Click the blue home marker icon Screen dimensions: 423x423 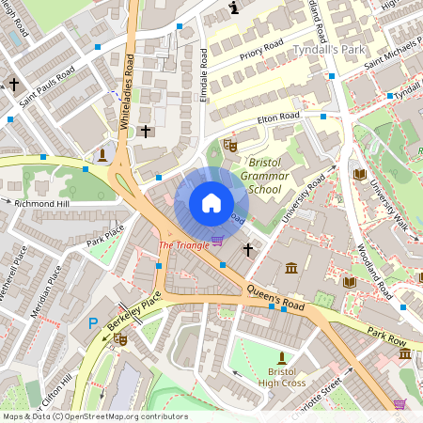coord(211,203)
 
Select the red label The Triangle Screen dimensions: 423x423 coord(183,245)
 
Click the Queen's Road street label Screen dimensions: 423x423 coord(275,298)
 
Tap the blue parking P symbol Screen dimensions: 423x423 coord(92,322)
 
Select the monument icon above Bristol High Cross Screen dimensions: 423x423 coord(280,357)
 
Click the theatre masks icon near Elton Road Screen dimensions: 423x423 coord(229,145)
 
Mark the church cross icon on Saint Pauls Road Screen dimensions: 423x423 coord(14,85)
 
